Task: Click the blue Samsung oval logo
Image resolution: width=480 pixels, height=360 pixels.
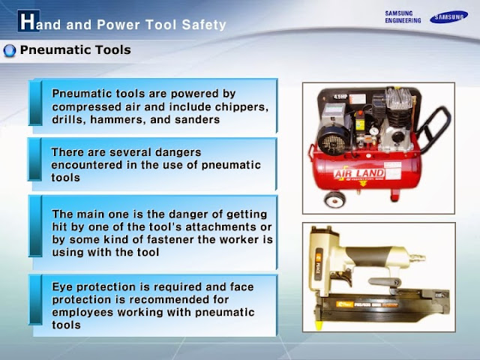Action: (x=448, y=17)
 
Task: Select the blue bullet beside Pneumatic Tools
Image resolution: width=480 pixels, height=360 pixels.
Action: (x=10, y=51)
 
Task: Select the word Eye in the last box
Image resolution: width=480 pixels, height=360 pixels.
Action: (x=62, y=287)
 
